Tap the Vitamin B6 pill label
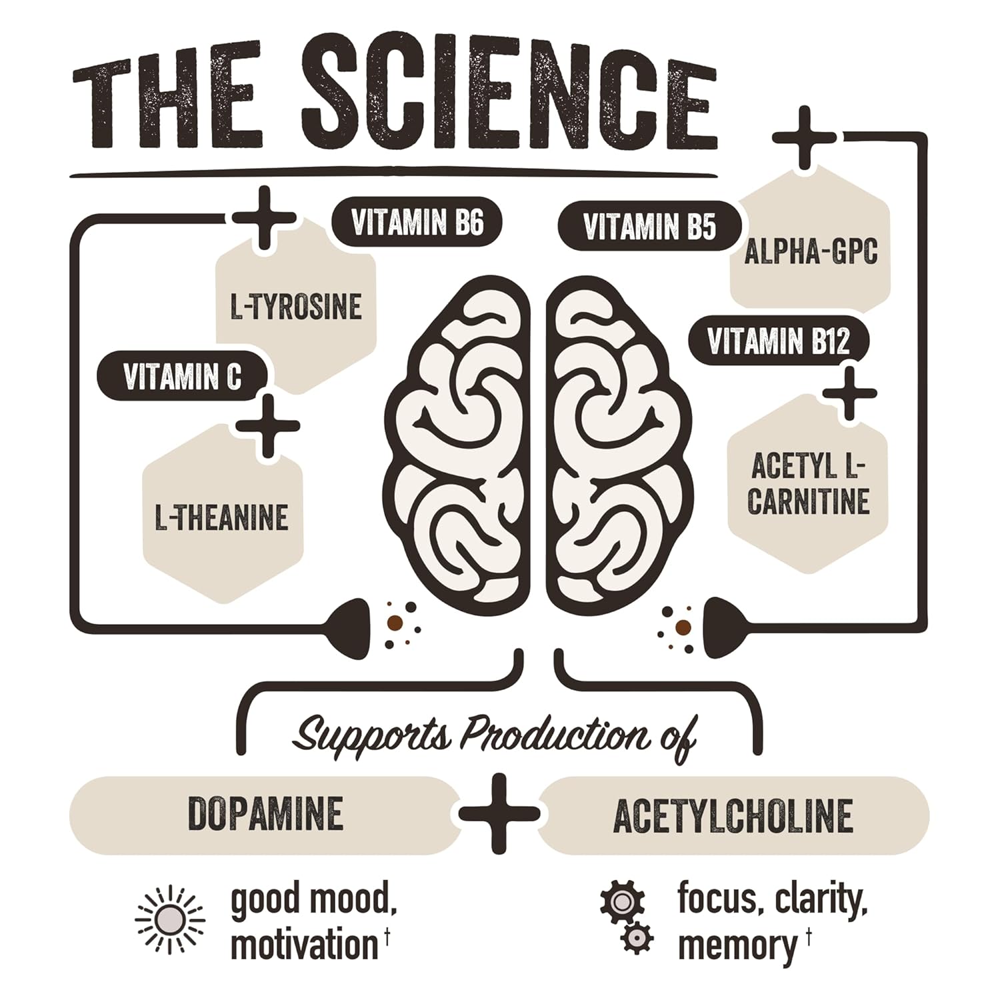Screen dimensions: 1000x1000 point(417,223)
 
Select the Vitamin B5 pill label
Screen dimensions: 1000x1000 point(649,226)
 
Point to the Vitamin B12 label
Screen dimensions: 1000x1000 point(778,342)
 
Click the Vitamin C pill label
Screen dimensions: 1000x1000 point(182,378)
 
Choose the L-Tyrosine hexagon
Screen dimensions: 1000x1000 point(296,307)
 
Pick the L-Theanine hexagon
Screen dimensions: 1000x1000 point(222,517)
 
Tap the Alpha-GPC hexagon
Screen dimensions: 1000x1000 point(811,253)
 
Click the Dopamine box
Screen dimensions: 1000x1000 point(265,814)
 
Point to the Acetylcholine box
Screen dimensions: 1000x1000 point(733,815)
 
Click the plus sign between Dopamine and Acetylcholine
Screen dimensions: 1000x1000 point(499,813)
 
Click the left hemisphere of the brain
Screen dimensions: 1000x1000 point(459,440)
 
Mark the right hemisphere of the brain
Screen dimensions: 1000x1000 point(617,440)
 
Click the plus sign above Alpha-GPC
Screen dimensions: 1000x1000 point(804,137)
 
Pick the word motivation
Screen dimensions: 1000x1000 point(304,945)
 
